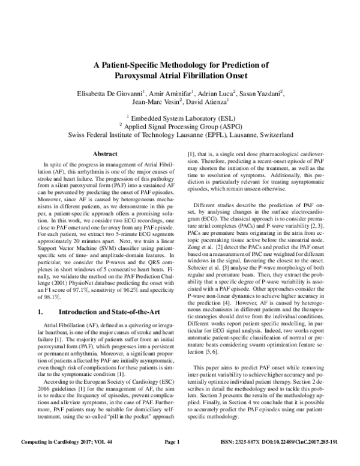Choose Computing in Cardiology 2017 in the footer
click(x=55, y=459)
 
